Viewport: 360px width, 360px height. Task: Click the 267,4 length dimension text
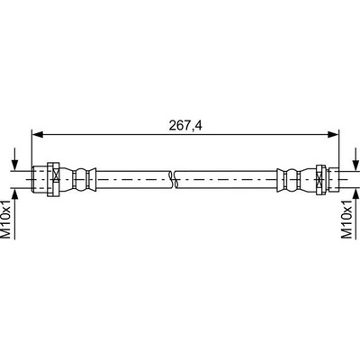(185, 125)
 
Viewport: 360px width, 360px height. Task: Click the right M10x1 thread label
(346, 220)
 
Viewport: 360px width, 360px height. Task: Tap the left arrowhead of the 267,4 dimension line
(38, 135)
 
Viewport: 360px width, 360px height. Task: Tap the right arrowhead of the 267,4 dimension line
(333, 135)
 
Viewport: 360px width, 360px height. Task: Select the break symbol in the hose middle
(173, 179)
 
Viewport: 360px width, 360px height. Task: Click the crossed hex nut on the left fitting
(54, 179)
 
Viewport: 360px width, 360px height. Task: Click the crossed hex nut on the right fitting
(321, 179)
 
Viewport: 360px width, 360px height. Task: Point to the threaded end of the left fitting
(40, 179)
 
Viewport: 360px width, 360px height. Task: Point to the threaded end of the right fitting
(333, 179)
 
